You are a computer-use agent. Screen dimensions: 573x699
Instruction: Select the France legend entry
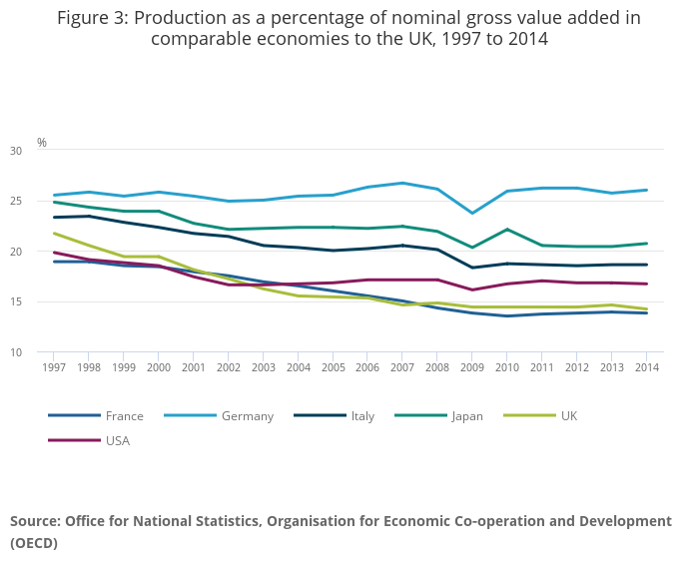(124, 416)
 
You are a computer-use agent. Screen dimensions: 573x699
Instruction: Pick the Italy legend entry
(361, 416)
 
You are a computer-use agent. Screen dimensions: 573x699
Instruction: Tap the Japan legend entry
(466, 416)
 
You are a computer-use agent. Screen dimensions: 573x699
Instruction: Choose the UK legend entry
(568, 416)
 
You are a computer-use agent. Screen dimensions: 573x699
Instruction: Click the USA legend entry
(117, 440)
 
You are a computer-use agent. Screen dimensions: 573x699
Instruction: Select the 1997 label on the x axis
(54, 367)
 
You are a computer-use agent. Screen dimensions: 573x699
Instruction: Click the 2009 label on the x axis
(472, 367)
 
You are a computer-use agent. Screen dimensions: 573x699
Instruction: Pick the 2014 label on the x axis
(646, 367)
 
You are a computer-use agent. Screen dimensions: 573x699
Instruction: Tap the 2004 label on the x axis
(298, 367)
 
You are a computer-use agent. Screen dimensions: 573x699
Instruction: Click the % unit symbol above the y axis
(42, 143)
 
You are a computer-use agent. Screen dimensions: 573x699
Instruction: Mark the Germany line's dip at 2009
(472, 214)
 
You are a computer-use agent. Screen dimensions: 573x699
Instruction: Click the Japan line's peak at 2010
(507, 230)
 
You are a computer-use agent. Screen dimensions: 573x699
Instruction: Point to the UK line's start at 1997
(54, 234)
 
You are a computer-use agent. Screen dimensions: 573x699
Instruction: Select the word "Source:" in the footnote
(35, 521)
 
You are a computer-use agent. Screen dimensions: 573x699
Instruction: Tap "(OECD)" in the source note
(34, 544)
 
